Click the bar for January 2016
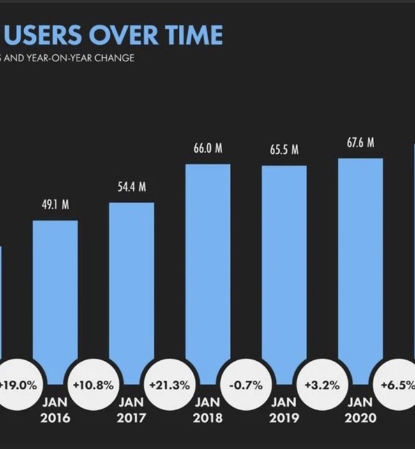(x=55, y=300)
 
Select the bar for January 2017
(x=132, y=291)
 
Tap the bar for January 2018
(x=207, y=271)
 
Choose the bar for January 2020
(x=360, y=268)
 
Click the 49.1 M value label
(x=56, y=205)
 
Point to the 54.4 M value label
(x=132, y=187)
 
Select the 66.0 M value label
(x=208, y=149)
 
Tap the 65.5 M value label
(x=284, y=150)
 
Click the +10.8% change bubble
(x=93, y=386)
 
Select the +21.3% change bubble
(x=169, y=386)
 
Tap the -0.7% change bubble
(x=246, y=386)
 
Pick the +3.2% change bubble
(x=322, y=386)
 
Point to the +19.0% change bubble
(x=19, y=386)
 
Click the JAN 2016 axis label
(x=55, y=411)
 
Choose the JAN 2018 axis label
(x=207, y=411)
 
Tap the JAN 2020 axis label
(x=360, y=411)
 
